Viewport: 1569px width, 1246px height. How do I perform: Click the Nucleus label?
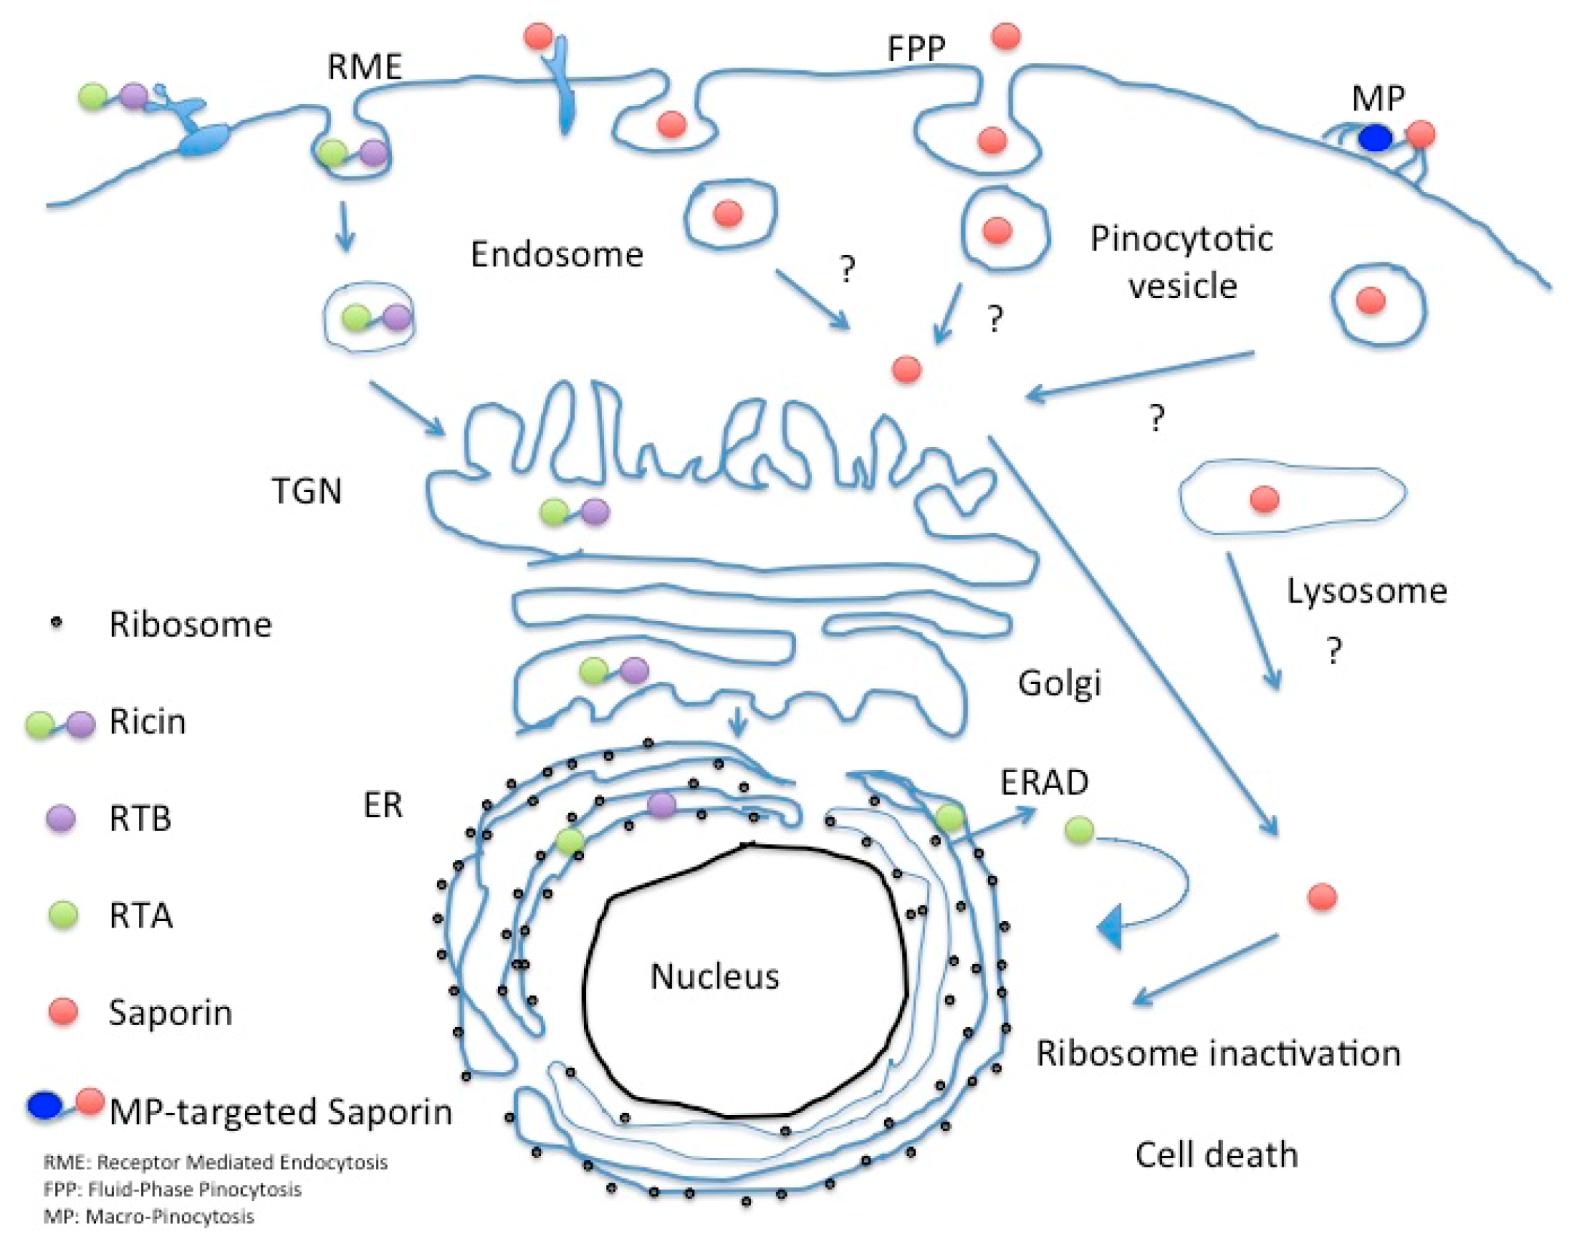pyautogui.click(x=714, y=976)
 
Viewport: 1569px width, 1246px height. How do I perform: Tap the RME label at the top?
pyautogui.click(x=364, y=67)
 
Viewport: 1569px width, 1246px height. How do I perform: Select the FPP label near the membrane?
pyautogui.click(x=916, y=49)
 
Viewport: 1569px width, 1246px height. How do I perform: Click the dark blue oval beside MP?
pyautogui.click(x=1375, y=137)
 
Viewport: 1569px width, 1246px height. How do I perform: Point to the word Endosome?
pyautogui.click(x=557, y=254)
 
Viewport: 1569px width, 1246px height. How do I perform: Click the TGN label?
pyautogui.click(x=306, y=491)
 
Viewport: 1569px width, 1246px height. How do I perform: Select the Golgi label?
pyautogui.click(x=1059, y=683)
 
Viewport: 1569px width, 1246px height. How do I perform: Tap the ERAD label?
pyautogui.click(x=1044, y=783)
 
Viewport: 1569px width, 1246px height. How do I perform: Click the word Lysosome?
pyautogui.click(x=1367, y=591)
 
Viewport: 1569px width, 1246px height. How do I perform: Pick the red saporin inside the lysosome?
pyautogui.click(x=1264, y=500)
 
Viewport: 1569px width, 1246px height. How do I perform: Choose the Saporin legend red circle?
pyautogui.click(x=63, y=1013)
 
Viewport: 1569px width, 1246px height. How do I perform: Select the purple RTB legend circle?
pyautogui.click(x=61, y=818)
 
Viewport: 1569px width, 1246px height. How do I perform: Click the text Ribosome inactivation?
pyautogui.click(x=1219, y=1053)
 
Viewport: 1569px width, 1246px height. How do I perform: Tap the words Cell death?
pyautogui.click(x=1216, y=1154)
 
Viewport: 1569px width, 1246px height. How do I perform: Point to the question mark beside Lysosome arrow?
pyautogui.click(x=1333, y=650)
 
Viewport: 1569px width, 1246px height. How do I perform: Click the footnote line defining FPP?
pyautogui.click(x=172, y=1189)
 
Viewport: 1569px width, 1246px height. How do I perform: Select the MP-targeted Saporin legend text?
pyautogui.click(x=281, y=1112)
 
